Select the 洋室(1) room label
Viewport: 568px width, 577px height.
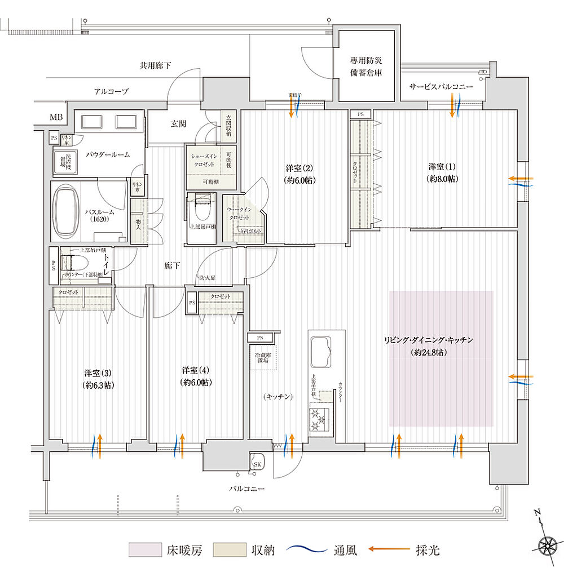(443, 173)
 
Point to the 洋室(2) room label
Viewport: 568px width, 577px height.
(300, 174)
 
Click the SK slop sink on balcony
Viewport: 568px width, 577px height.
(257, 463)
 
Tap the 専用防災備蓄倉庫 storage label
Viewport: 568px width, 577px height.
(366, 67)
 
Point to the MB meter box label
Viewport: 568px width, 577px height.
(56, 117)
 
